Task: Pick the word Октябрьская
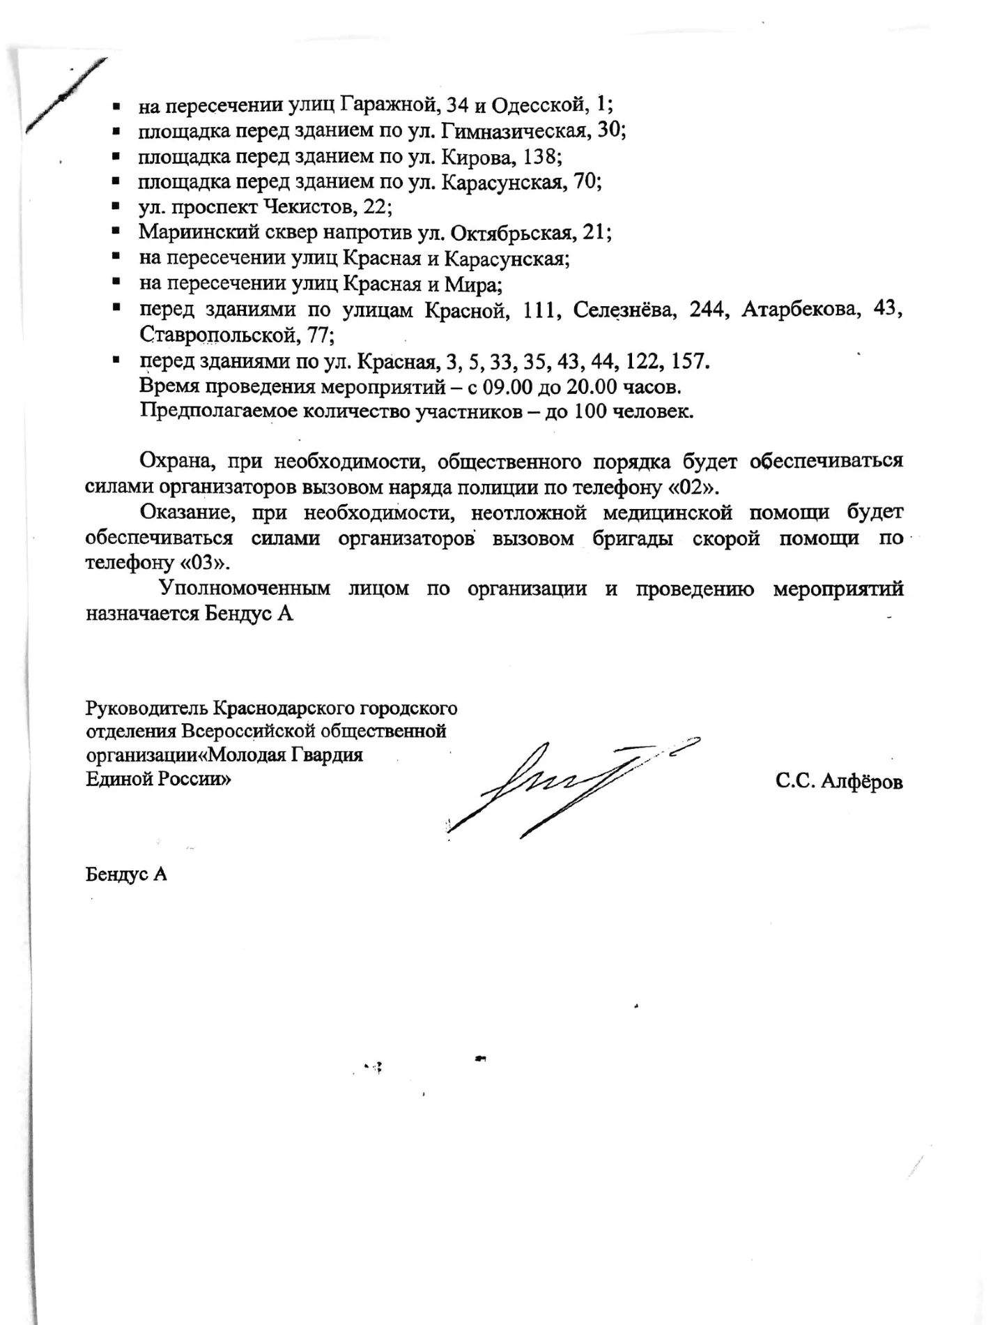click(512, 232)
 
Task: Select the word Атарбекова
click(800, 310)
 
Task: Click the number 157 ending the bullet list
click(690, 361)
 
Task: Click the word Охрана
click(175, 462)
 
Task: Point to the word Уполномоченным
click(245, 589)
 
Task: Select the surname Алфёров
click(861, 782)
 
